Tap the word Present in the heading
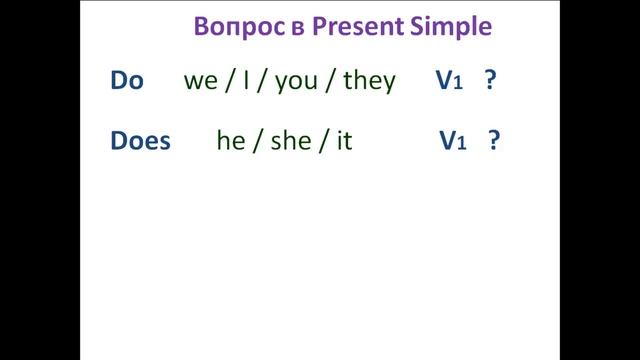pyautogui.click(x=356, y=27)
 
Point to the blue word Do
pyautogui.click(x=127, y=81)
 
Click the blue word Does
pyautogui.click(x=140, y=141)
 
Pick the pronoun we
pyautogui.click(x=201, y=81)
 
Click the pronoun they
pyautogui.click(x=369, y=81)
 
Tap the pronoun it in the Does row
pyautogui.click(x=344, y=141)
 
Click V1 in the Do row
pyautogui.click(x=449, y=81)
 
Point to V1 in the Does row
pyautogui.click(x=453, y=141)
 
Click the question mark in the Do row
pyautogui.click(x=490, y=81)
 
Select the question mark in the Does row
pyautogui.click(x=494, y=141)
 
